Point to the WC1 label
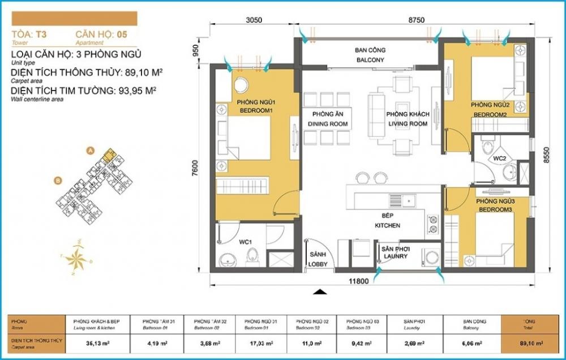[x=245, y=242]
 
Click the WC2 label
[x=499, y=158]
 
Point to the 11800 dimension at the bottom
[x=359, y=281]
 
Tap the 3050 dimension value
[x=254, y=19]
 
